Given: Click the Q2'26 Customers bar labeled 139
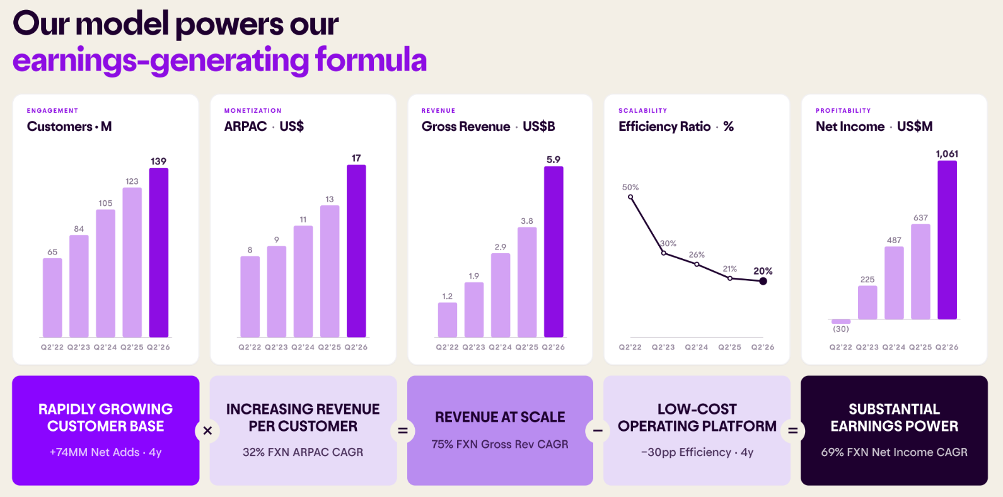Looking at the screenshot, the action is [x=158, y=253].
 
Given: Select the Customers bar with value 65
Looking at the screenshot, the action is [x=52, y=297].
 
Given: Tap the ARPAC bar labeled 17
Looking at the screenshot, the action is [x=356, y=251].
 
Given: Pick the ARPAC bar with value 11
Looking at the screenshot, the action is [x=303, y=282].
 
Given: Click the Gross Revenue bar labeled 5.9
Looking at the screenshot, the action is [x=554, y=252].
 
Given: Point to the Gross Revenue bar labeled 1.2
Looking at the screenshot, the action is [x=448, y=320].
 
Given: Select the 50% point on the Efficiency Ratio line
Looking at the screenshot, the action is [x=630, y=197].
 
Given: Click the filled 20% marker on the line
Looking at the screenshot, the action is [x=763, y=281].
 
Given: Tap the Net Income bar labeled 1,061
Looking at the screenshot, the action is [x=947, y=240].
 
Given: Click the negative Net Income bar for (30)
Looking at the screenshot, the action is [x=841, y=321].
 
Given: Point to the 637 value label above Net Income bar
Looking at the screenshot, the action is [x=920, y=218].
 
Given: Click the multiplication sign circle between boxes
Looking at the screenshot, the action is [x=207, y=431].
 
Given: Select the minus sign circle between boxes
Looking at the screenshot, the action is [x=598, y=431].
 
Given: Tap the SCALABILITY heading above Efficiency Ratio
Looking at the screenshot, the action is [x=642, y=110].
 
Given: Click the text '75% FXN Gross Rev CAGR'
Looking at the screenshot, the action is [x=500, y=444].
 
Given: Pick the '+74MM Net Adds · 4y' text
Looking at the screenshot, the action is [x=106, y=452].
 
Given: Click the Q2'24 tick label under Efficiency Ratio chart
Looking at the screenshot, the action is [x=696, y=347].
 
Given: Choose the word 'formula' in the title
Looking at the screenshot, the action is [x=371, y=59].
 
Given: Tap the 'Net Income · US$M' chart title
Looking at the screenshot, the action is [x=874, y=127].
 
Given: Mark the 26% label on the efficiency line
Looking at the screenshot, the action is [x=697, y=254].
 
